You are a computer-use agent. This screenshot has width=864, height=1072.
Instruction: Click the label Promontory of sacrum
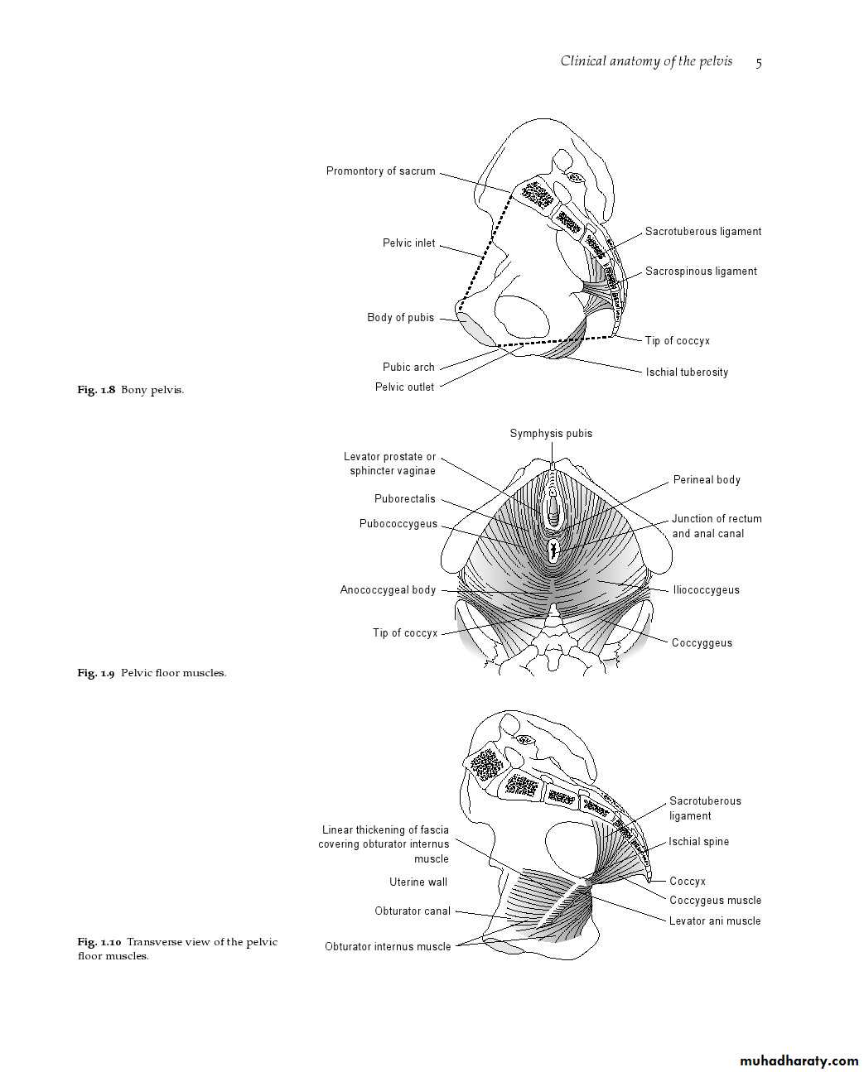[380, 171]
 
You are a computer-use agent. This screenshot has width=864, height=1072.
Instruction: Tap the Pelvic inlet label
[408, 243]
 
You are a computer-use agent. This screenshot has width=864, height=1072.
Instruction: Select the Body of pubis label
[400, 318]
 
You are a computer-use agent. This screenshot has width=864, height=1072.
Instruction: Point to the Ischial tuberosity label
[687, 373]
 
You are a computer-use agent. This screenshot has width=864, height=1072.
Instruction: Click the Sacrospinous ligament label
[701, 272]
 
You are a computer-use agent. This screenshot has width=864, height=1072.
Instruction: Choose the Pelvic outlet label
[404, 387]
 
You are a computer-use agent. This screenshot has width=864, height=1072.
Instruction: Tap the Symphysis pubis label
[551, 434]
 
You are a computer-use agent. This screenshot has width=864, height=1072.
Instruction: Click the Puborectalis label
[404, 499]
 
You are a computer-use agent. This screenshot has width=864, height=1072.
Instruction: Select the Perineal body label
[707, 480]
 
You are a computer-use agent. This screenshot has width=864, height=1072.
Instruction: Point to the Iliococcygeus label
[706, 590]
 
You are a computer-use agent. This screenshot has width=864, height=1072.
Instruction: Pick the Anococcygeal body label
[388, 590]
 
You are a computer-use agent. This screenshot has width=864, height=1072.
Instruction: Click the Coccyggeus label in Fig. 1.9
[702, 643]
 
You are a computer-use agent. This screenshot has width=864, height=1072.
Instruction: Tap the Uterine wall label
[418, 882]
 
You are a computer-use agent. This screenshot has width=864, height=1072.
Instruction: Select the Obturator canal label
[413, 911]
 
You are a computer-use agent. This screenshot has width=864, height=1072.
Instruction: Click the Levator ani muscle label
[715, 921]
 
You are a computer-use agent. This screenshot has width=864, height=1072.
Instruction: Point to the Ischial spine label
[699, 842]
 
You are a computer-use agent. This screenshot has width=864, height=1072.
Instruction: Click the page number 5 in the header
[759, 62]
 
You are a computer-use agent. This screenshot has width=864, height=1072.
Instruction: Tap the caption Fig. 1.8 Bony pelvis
[131, 390]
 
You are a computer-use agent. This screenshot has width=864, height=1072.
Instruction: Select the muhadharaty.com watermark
[798, 1061]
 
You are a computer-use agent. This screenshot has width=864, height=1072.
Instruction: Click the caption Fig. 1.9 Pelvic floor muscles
[152, 673]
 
